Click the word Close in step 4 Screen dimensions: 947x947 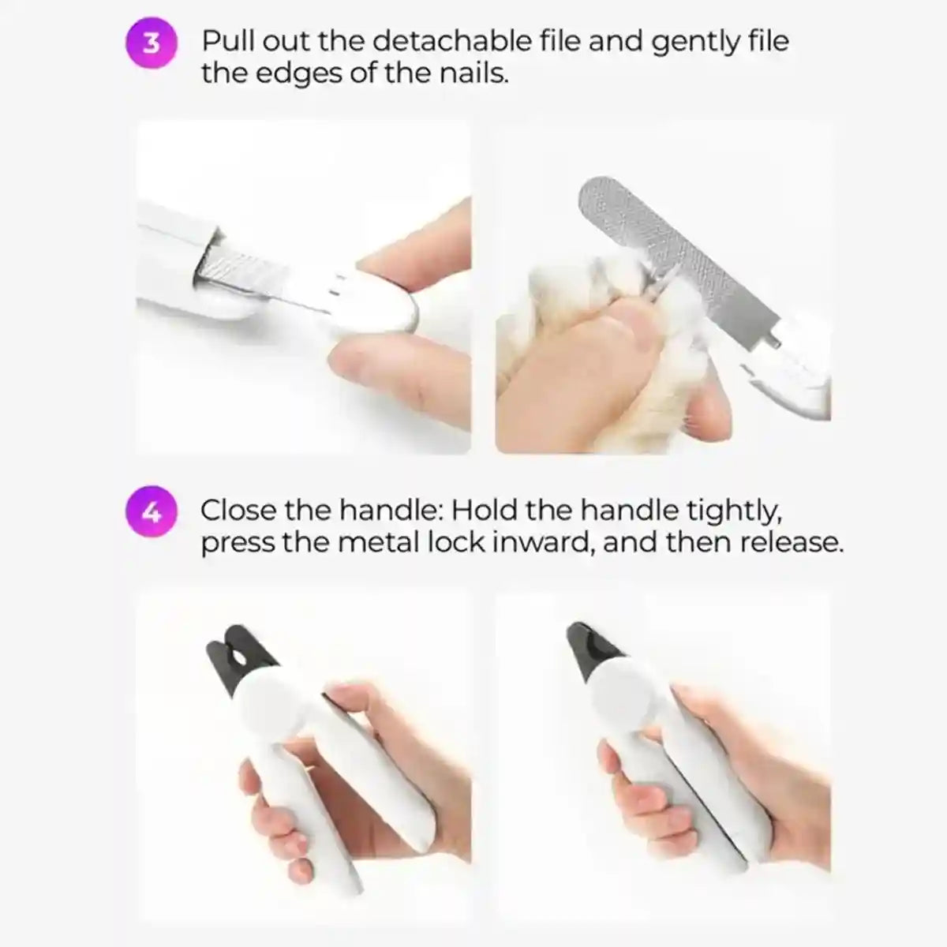(238, 511)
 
